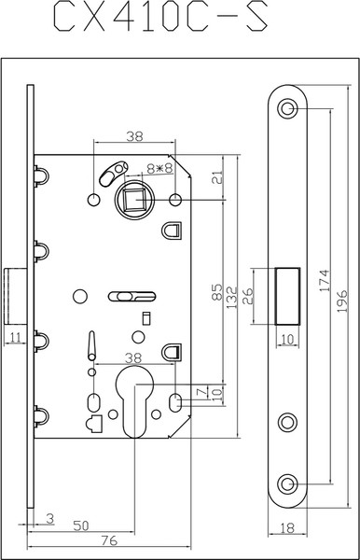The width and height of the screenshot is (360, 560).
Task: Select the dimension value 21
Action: [x=215, y=177]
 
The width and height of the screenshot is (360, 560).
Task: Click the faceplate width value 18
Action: [x=287, y=527]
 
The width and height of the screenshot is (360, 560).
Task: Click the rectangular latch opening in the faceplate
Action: [x=287, y=295]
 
